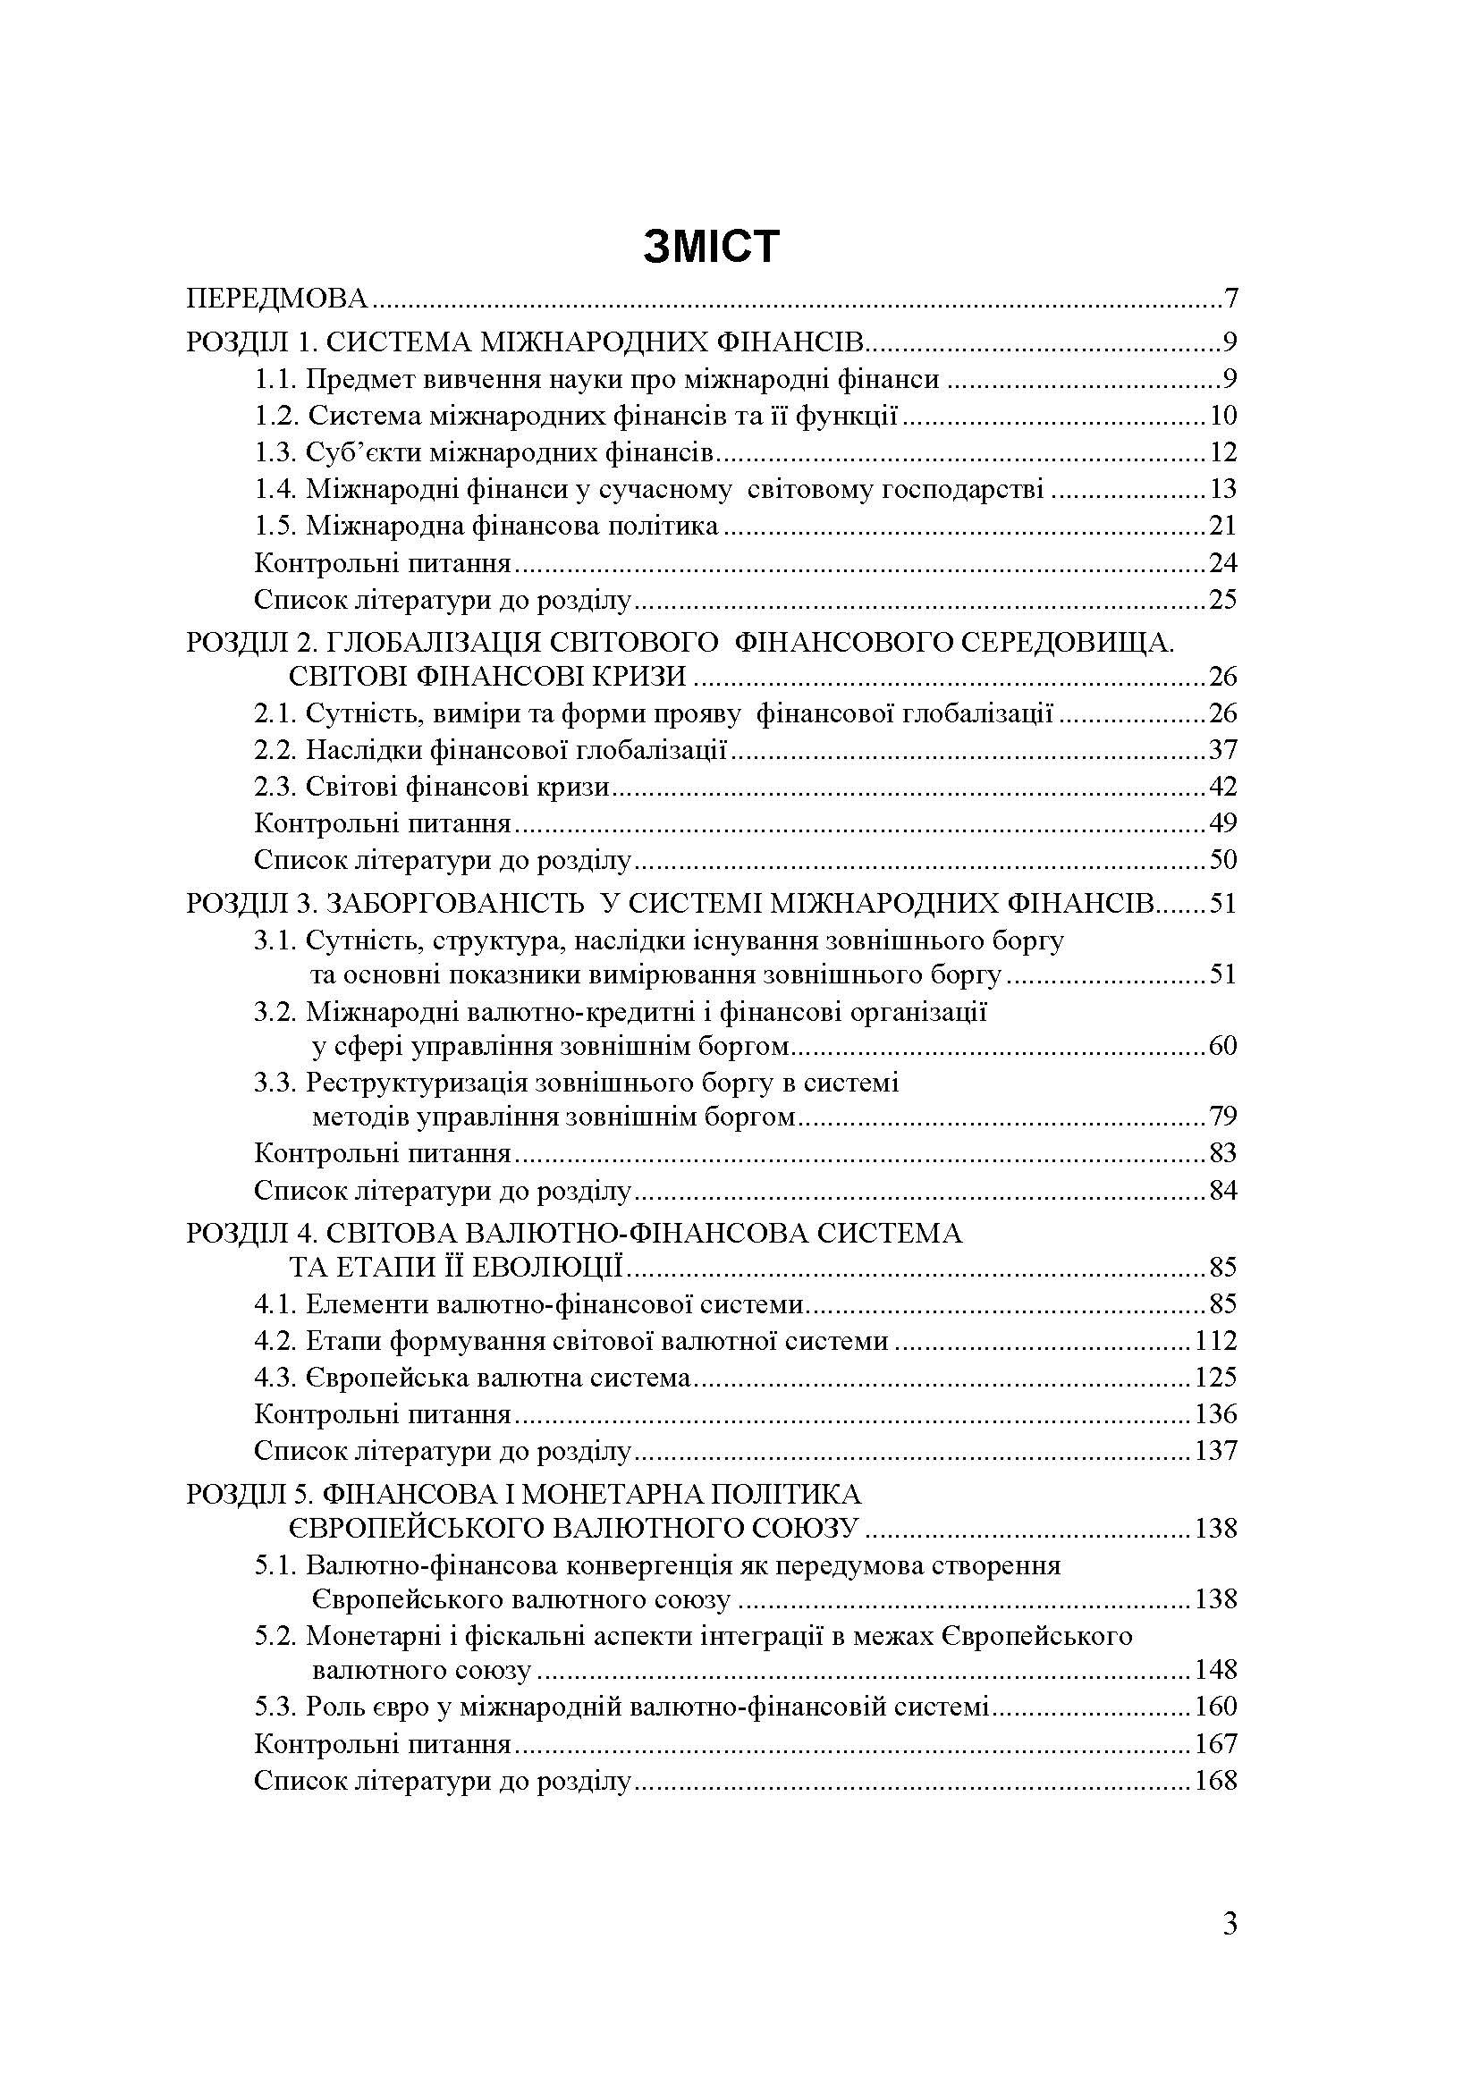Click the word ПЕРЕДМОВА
click(277, 299)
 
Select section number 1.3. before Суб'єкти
click(276, 452)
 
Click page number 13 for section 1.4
click(1223, 489)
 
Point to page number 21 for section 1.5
click(1223, 526)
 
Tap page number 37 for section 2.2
click(1223, 749)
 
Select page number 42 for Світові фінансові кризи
click(1223, 786)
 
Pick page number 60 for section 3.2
click(1223, 1046)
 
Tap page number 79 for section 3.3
click(1223, 1117)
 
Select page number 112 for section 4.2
click(1216, 1341)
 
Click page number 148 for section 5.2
click(1216, 1670)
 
